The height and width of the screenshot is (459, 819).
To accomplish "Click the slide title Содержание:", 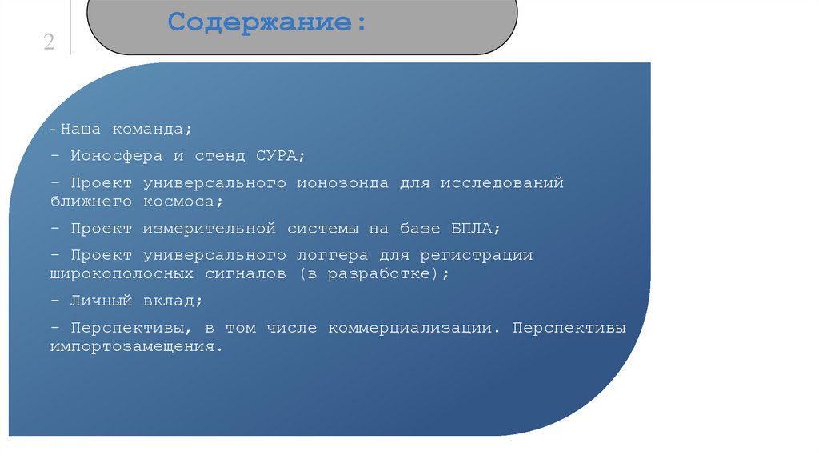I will [x=269, y=22].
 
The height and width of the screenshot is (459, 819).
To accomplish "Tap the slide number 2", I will [x=49, y=42].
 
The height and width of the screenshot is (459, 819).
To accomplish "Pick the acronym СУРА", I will [x=281, y=155].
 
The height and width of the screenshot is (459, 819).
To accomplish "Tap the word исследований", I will [x=501, y=182].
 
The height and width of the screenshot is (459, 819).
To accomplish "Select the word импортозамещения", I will [x=134, y=347].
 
